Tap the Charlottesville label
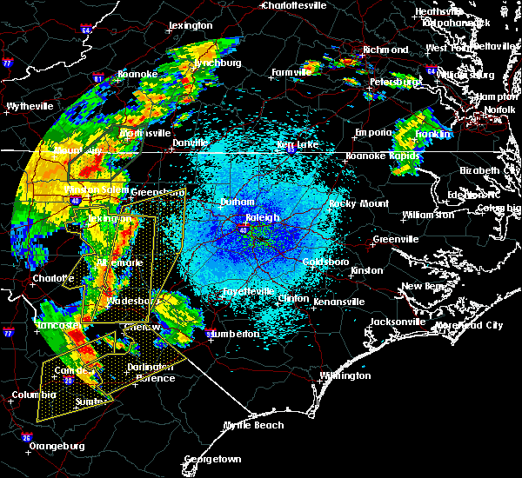(295, 5)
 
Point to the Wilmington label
(345, 375)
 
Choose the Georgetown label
(212, 458)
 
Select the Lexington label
(191, 26)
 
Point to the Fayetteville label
(250, 291)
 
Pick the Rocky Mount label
(355, 203)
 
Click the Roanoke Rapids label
(377, 156)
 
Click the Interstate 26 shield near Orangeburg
(27, 437)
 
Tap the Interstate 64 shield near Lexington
(86, 30)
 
